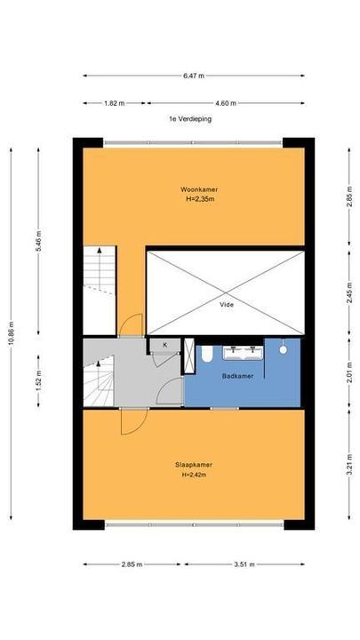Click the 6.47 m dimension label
[x=194, y=76]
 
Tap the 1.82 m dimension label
[x=115, y=103]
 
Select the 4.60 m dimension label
[x=226, y=103]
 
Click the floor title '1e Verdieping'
[x=190, y=119]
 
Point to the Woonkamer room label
[x=199, y=189]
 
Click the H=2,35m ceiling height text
[x=200, y=199]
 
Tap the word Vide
[x=227, y=305]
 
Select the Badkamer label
[x=237, y=376]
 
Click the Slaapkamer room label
[x=194, y=465]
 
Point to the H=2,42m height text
[x=194, y=475]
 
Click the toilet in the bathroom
[x=206, y=354]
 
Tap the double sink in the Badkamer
[x=243, y=352]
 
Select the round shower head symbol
[x=283, y=350]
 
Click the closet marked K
[x=164, y=345]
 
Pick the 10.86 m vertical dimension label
[x=11, y=333]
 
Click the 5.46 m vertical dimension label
[x=39, y=241]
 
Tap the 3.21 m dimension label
[x=349, y=465]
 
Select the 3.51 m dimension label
[x=244, y=564]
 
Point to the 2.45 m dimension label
[x=349, y=292]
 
